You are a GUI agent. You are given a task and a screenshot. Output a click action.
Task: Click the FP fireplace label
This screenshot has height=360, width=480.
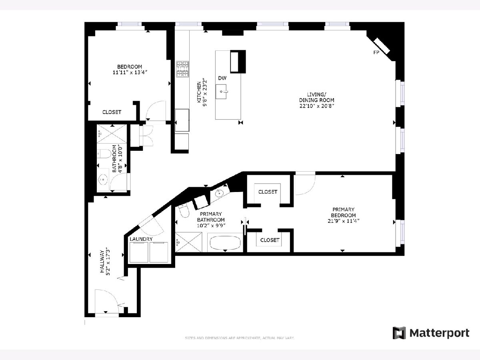coord(376,52)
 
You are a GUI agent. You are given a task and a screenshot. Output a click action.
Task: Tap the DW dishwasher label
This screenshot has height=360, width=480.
coord(222,78)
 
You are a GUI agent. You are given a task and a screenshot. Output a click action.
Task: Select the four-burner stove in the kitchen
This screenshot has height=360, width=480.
coord(182,69)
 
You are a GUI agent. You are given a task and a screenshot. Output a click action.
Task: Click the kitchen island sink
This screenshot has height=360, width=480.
coord(221,92)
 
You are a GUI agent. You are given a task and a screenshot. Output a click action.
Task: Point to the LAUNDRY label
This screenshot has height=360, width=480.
coord(141,239)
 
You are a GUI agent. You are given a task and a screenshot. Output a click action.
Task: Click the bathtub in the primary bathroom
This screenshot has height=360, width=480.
coord(225,242)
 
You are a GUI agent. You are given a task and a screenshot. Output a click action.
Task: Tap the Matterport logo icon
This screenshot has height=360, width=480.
coord(399,333)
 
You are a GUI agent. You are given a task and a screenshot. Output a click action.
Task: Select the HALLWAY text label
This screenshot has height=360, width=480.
coord(102,262)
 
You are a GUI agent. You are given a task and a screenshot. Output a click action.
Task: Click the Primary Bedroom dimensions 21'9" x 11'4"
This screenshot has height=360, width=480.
coord(343,221)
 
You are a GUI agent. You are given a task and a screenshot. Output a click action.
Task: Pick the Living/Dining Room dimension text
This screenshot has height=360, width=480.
coord(317,106)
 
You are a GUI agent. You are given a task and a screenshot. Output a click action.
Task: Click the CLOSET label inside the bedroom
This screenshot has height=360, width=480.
coord(112,112)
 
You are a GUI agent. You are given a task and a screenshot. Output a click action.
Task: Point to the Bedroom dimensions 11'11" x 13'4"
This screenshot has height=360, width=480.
coord(130,72)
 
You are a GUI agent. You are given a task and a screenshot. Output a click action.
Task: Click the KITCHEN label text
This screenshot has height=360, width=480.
coord(199,92)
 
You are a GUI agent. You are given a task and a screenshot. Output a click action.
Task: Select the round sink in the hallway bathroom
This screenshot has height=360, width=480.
coord(102,180)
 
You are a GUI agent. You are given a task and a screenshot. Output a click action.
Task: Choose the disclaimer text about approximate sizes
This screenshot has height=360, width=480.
coord(240,338)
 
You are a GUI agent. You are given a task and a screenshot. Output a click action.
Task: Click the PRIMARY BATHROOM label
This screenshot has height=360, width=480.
coord(211,217)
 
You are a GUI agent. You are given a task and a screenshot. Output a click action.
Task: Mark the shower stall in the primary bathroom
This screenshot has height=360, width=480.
coord(188,242)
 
